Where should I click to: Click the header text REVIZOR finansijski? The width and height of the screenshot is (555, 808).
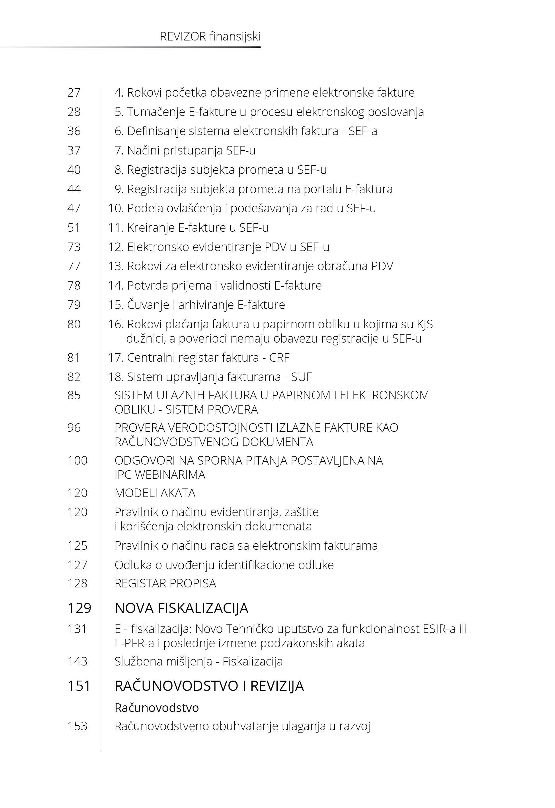pyautogui.click(x=210, y=36)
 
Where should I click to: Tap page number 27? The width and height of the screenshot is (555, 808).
pyautogui.click(x=74, y=93)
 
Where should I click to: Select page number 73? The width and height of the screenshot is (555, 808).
pyautogui.click(x=74, y=247)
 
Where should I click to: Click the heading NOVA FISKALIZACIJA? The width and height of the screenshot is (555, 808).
pyautogui.click(x=181, y=608)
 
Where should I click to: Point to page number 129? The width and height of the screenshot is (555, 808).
pyautogui.click(x=79, y=608)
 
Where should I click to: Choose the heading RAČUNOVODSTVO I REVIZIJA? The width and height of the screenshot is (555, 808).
pyautogui.click(x=209, y=686)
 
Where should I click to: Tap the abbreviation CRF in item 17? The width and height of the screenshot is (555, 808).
pyautogui.click(x=279, y=358)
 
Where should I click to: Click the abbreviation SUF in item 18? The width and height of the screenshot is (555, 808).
pyautogui.click(x=302, y=377)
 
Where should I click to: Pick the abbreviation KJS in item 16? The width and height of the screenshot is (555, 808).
pyautogui.click(x=425, y=324)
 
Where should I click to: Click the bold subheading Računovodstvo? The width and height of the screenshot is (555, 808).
pyautogui.click(x=157, y=708)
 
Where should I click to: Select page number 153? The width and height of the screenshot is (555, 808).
pyautogui.click(x=77, y=726)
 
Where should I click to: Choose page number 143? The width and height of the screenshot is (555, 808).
pyautogui.click(x=77, y=661)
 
